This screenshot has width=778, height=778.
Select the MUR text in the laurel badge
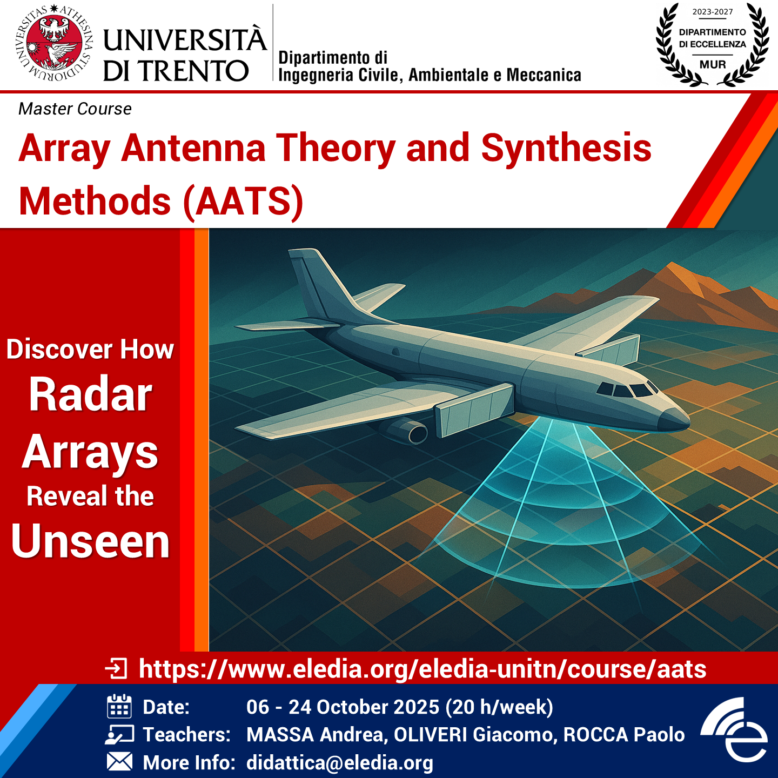(713, 64)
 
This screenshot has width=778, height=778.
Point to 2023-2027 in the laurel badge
(713, 12)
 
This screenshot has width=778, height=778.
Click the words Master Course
(75, 109)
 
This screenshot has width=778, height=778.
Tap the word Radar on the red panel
(90, 394)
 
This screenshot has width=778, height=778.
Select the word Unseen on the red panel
(90, 541)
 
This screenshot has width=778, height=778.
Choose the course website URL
(422, 669)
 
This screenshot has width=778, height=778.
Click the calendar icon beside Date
(119, 706)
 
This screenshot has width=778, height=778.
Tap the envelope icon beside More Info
(119, 762)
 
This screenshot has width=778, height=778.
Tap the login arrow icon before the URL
(116, 668)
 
